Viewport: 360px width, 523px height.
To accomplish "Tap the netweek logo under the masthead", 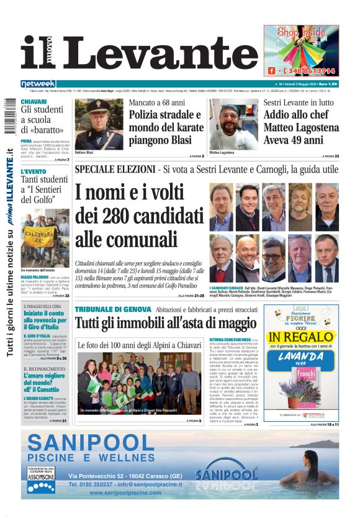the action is (38, 83).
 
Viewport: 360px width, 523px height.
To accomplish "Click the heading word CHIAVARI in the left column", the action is (34, 101).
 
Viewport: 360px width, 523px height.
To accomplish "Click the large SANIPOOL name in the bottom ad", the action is (90, 443).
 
